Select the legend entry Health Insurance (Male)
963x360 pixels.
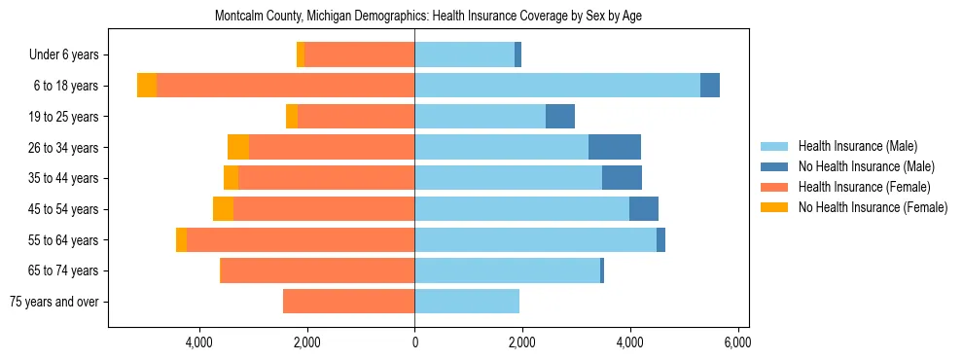pos(857,146)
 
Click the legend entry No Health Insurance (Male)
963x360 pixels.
pos(866,166)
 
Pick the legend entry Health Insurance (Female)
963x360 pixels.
pos(865,187)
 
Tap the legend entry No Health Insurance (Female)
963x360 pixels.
pos(873,207)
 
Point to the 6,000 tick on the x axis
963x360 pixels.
pos(737,342)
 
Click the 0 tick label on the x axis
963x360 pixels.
pos(414,342)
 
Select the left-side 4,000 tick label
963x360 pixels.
pos(199,342)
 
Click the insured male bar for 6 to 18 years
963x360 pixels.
pos(556,86)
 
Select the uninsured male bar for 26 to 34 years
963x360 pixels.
pos(615,147)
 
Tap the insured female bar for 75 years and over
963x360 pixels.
pos(348,302)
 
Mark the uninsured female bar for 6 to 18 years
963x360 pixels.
pos(147,86)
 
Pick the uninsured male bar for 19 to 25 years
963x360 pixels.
pos(560,117)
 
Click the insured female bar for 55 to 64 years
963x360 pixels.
pos(300,240)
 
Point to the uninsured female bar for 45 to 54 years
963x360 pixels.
pos(223,209)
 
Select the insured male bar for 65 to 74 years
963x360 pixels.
pos(507,270)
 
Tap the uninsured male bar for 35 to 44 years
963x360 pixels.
pos(622,178)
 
